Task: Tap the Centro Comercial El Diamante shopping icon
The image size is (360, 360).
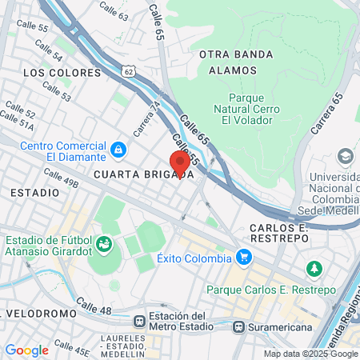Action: point(118,149)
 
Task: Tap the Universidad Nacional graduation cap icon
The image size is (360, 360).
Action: point(345,155)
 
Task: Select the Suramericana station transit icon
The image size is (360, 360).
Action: point(238,326)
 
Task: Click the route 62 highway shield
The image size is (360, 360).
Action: point(130,72)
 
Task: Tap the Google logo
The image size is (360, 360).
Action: point(26,350)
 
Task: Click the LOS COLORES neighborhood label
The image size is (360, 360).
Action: point(62,72)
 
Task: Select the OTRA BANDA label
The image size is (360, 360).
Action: point(235,54)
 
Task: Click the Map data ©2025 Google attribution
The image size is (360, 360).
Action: point(311,354)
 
